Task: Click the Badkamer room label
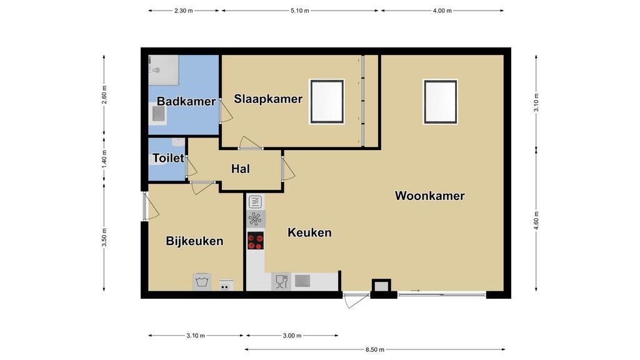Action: click(186, 101)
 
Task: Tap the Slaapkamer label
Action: click(268, 99)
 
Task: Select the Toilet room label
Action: click(168, 158)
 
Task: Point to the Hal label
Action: click(241, 169)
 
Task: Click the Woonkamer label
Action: click(430, 196)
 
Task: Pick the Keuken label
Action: click(309, 232)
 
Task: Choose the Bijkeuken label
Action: click(194, 241)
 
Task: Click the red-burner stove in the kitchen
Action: click(256, 241)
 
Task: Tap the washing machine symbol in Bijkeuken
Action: click(202, 282)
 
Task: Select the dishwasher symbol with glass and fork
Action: click(281, 282)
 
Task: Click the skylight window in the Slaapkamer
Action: click(327, 102)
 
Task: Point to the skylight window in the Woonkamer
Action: click(441, 102)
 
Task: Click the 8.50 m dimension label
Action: click(375, 349)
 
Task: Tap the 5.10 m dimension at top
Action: click(300, 11)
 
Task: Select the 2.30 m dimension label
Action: click(184, 11)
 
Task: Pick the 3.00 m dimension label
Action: click(292, 336)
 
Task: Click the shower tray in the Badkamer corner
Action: click(164, 70)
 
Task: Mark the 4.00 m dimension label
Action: click(442, 11)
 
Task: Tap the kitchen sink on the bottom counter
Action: click(302, 281)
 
